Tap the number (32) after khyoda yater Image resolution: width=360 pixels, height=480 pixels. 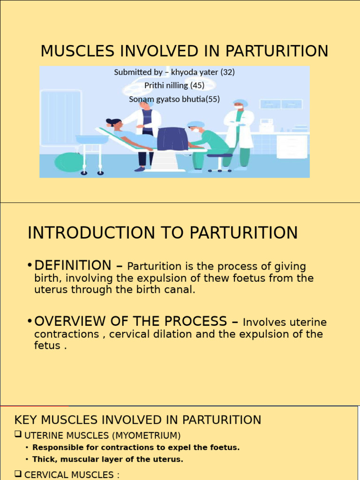pyautogui.click(x=227, y=72)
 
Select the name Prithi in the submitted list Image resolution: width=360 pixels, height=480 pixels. pyautogui.click(x=154, y=86)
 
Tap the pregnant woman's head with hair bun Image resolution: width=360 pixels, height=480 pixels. pyautogui.click(x=114, y=123)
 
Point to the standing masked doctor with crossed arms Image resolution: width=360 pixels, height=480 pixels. pyautogui.click(x=240, y=131)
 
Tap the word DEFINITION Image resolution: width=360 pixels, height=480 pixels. pyautogui.click(x=73, y=265)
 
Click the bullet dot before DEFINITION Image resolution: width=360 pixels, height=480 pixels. pyautogui.click(x=30, y=266)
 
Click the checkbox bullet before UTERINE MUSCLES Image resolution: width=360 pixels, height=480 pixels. pyautogui.click(x=18, y=435)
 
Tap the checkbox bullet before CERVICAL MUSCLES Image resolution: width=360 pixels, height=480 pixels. pyautogui.click(x=18, y=475)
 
